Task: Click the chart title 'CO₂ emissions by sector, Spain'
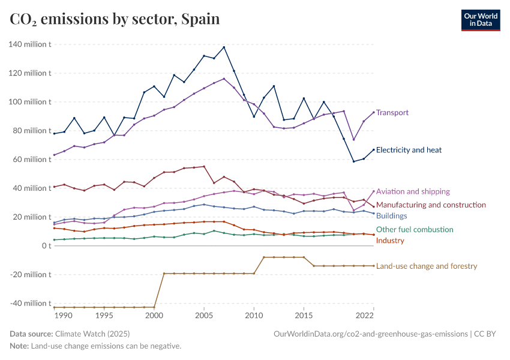(x=115, y=19)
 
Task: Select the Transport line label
(x=392, y=112)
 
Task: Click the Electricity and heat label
(x=409, y=150)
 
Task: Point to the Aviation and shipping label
(x=413, y=191)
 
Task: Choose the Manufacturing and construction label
(x=431, y=205)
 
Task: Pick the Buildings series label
(x=391, y=216)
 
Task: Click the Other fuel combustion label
(x=415, y=229)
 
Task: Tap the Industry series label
(x=390, y=241)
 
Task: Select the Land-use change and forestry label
(x=426, y=266)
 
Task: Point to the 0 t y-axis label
(x=46, y=246)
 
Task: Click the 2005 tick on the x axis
(x=204, y=315)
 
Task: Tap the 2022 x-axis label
(x=365, y=315)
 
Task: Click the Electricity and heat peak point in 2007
(x=224, y=47)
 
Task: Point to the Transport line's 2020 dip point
(x=353, y=140)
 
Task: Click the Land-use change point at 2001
(x=164, y=274)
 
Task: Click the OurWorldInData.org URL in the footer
(x=370, y=334)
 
